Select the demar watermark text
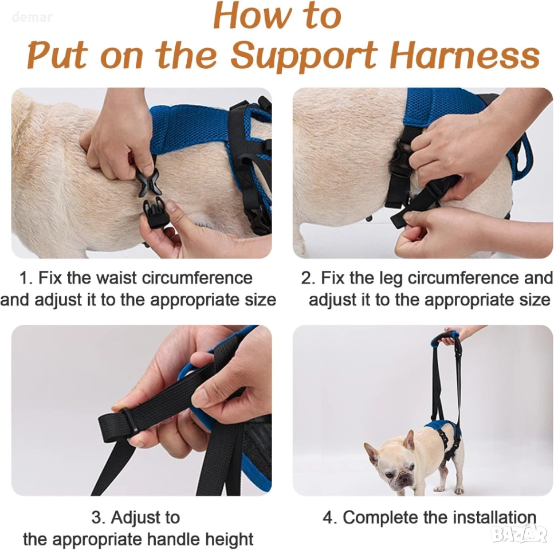(x=32, y=17)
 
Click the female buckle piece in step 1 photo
(x=148, y=181)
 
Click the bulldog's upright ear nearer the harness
(x=410, y=440)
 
